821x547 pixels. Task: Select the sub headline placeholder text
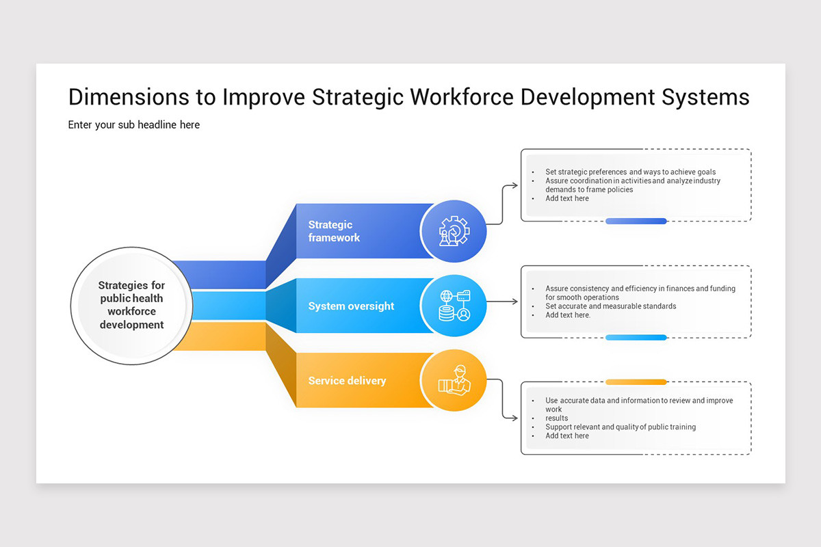coord(134,125)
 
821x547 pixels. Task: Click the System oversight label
coord(351,306)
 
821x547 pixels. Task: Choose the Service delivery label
coord(347,381)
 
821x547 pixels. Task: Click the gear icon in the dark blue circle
coord(454,231)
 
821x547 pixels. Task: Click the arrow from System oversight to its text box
coord(503,302)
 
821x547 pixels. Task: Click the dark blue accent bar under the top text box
coord(636,221)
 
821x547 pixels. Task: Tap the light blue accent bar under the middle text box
coord(636,338)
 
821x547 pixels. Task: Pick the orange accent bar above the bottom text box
coord(636,382)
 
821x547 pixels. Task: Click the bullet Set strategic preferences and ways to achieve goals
coord(630,172)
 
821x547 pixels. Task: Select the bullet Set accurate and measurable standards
coord(610,306)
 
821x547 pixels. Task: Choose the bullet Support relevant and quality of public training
coord(620,427)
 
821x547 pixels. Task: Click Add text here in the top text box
coord(566,198)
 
